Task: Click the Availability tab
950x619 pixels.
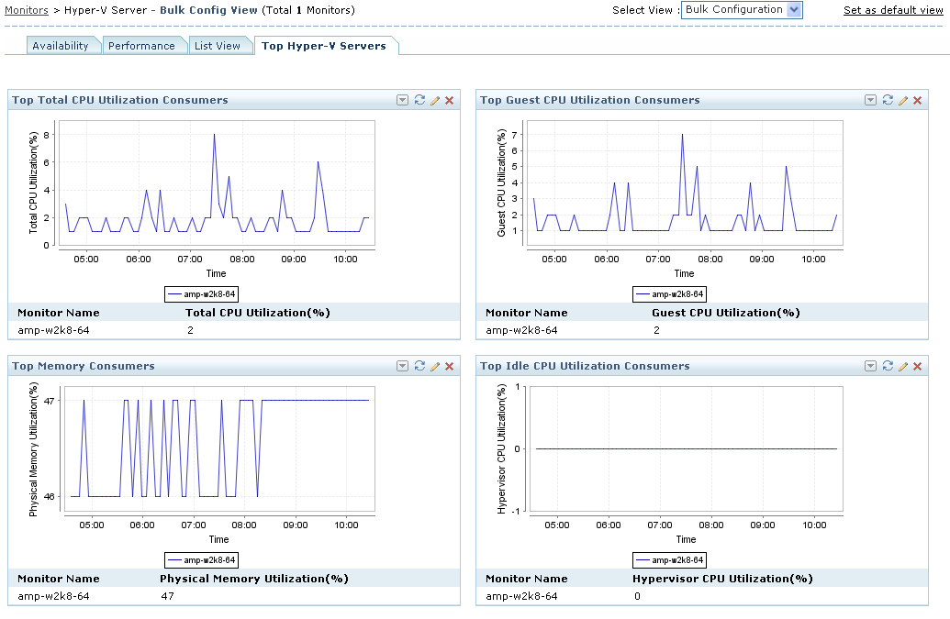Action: tap(61, 46)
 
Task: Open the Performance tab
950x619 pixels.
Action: tap(141, 46)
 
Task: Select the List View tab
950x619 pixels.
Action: tap(218, 46)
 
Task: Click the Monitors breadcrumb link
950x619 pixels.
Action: tap(27, 10)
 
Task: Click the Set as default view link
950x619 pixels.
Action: tap(893, 10)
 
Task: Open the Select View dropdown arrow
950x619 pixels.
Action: tap(794, 10)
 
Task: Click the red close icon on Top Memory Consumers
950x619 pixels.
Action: tap(450, 366)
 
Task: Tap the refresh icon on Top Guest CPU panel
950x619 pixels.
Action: tap(888, 100)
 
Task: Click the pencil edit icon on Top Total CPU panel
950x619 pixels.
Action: tap(435, 100)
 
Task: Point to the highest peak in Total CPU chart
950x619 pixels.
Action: tap(214, 135)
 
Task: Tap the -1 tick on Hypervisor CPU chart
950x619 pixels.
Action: tap(517, 511)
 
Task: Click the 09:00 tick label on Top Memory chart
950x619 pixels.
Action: tap(296, 525)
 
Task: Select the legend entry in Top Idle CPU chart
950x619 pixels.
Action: tap(669, 559)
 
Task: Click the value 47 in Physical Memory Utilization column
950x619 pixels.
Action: tap(166, 596)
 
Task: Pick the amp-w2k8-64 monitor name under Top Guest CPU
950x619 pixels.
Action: tap(521, 330)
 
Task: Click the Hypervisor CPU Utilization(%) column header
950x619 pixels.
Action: tap(722, 579)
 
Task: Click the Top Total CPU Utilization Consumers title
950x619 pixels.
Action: tap(120, 100)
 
